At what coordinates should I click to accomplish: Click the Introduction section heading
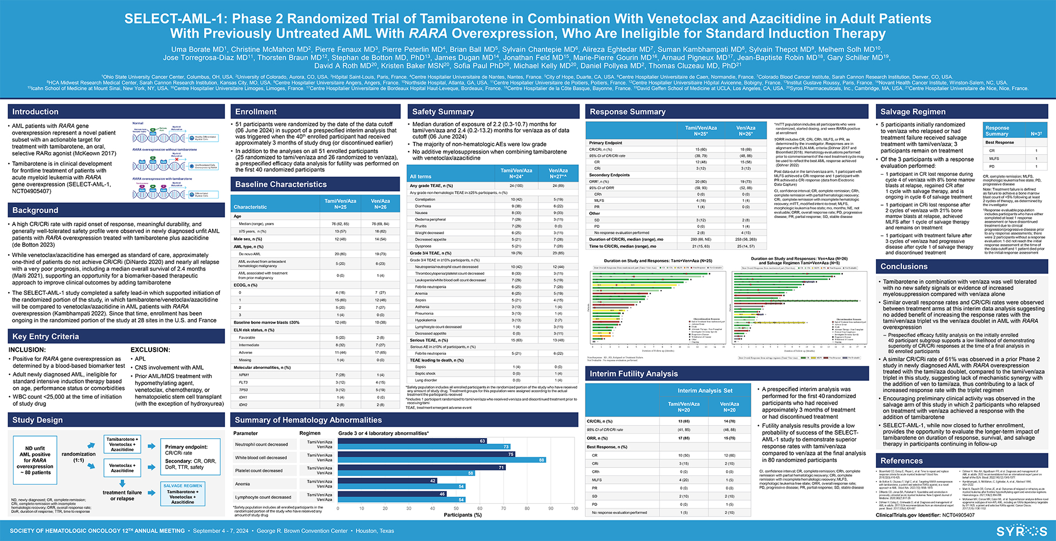[x=36, y=112]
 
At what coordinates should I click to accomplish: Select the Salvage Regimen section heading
[x=913, y=112]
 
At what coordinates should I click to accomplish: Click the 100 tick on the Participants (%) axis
[x=574, y=508]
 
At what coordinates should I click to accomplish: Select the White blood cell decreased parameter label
[x=261, y=458]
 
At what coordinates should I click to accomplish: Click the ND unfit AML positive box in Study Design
[x=35, y=460]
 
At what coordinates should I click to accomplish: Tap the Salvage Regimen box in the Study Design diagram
[x=183, y=494]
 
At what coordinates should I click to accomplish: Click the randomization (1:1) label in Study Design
[x=78, y=457]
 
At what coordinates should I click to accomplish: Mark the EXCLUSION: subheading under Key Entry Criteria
[x=150, y=350]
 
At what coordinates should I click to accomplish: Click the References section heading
[x=901, y=461]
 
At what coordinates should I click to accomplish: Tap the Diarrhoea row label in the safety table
[x=423, y=206]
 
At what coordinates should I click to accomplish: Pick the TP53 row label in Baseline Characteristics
[x=243, y=390]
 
